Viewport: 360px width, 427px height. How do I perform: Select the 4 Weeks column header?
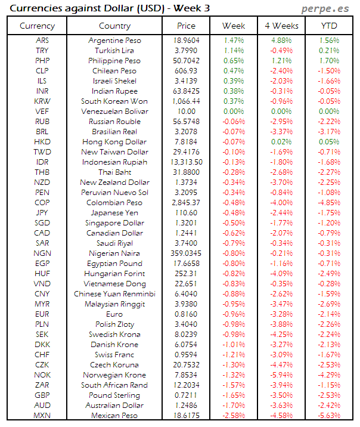(x=281, y=26)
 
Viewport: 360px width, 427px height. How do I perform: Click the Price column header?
(x=186, y=26)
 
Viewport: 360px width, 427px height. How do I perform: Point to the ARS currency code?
(x=42, y=40)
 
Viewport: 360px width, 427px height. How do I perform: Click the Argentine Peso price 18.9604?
(x=186, y=40)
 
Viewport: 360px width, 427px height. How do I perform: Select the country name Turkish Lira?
(x=114, y=50)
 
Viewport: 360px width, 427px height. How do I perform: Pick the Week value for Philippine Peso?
(x=233, y=60)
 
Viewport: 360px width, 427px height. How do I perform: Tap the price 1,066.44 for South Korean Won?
(x=186, y=101)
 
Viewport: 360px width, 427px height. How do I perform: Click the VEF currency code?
(x=42, y=111)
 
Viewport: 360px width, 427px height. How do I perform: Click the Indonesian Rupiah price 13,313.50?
(x=186, y=162)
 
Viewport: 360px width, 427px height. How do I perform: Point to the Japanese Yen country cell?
(x=114, y=212)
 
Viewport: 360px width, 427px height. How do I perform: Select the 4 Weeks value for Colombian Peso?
(x=281, y=202)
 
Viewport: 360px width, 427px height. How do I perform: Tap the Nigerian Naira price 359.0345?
(x=186, y=253)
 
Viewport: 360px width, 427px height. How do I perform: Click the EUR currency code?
(x=42, y=314)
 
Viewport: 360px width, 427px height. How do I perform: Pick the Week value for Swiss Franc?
(x=233, y=354)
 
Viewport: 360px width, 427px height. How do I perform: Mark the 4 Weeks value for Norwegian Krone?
(x=281, y=375)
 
